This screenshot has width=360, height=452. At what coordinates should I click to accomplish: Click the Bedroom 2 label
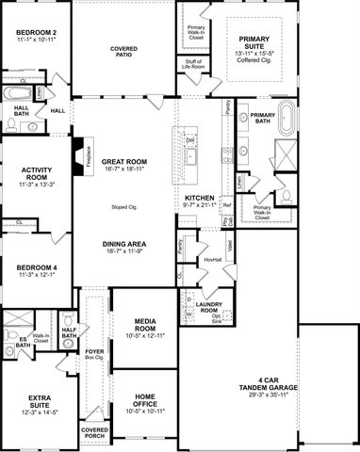click(x=37, y=33)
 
